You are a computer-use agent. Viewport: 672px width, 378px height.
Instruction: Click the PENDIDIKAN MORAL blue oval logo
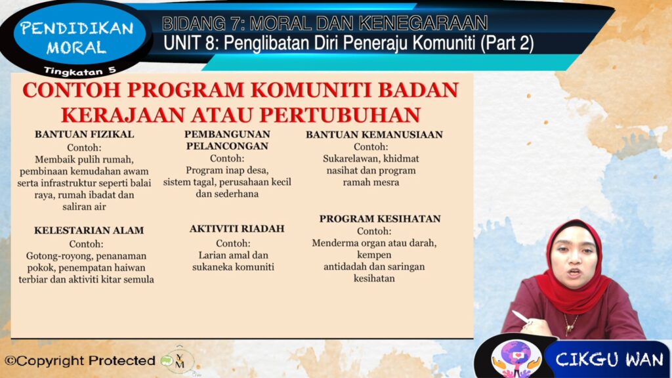(79, 36)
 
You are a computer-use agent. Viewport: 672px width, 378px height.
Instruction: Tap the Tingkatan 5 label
(80, 71)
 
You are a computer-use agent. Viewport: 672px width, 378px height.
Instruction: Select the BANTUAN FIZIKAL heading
(85, 134)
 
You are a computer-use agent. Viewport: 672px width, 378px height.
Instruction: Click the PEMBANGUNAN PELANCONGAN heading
(227, 140)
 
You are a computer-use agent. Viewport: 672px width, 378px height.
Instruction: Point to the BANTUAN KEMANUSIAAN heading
(374, 135)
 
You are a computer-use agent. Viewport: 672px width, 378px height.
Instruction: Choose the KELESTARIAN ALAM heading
(89, 230)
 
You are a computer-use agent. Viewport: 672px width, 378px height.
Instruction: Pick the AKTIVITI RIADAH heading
(237, 228)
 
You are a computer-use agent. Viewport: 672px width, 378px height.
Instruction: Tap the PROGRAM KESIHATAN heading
(380, 219)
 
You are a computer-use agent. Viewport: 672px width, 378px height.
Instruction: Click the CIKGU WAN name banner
(608, 359)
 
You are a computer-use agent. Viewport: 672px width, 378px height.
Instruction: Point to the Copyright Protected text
(79, 361)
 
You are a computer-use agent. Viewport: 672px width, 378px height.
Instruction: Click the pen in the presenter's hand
(520, 317)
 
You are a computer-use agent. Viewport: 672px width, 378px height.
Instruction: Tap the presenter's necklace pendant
(570, 329)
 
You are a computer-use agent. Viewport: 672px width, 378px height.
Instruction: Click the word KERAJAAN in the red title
(123, 115)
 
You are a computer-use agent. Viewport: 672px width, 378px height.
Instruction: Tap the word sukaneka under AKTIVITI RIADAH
(211, 267)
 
